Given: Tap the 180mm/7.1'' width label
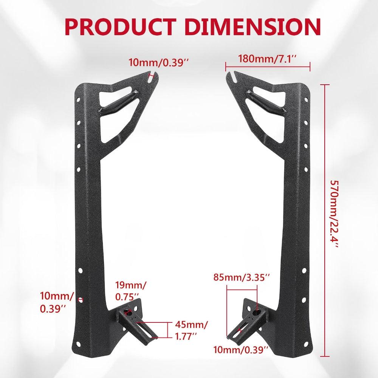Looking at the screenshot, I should pyautogui.click(x=267, y=59).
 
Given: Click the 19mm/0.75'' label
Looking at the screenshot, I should pyautogui.click(x=132, y=290).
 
